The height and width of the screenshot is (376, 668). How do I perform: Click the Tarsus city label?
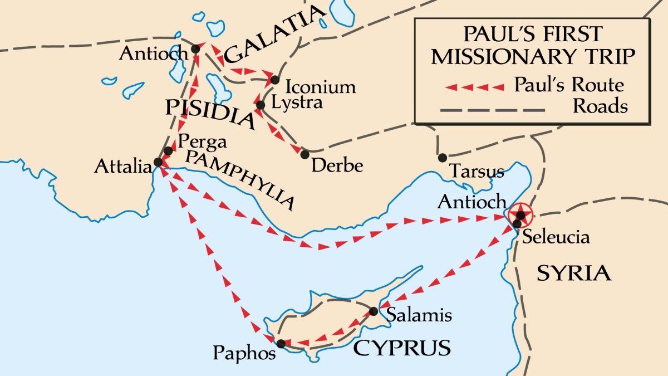click(x=477, y=170)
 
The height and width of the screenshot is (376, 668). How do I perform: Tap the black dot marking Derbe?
click(x=304, y=154)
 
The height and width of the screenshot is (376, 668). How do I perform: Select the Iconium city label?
click(x=320, y=87)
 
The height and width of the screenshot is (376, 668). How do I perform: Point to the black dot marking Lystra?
click(x=261, y=105)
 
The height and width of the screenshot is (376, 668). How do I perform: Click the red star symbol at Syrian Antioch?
click(x=520, y=214)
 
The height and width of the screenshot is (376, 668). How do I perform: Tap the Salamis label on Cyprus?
click(x=419, y=315)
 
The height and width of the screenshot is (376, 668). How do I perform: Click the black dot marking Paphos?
click(x=281, y=344)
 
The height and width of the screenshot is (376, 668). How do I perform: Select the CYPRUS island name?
click(x=402, y=348)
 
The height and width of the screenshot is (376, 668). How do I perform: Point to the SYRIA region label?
click(x=574, y=273)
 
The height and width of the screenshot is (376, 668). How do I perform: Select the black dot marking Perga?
click(x=168, y=151)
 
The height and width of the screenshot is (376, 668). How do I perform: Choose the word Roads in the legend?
click(x=600, y=106)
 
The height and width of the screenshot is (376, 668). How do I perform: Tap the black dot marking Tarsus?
click(x=443, y=158)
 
